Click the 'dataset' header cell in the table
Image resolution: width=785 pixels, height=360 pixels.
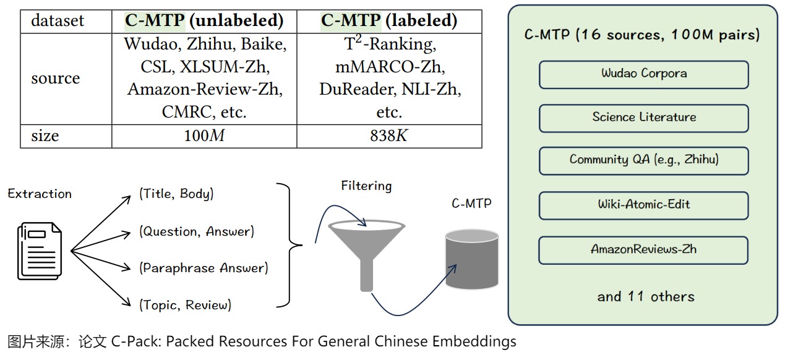58,21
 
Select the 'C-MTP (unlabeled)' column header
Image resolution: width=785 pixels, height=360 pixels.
204,21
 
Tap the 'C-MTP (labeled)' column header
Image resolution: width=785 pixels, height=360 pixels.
389,21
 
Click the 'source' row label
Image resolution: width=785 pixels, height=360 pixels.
56,79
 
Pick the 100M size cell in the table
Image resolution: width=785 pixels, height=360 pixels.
204,136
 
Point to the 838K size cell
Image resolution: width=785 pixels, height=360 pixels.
389,136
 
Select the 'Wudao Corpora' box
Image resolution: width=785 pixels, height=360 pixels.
644,74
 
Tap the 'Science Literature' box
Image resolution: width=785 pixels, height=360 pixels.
644,118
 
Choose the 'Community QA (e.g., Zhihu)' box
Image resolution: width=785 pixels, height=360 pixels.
644,160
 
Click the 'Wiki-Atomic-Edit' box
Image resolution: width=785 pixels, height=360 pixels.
644,205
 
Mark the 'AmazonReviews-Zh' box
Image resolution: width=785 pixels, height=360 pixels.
644,250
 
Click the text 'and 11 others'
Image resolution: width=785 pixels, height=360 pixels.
646,296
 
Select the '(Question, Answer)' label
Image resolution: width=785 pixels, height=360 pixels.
197,231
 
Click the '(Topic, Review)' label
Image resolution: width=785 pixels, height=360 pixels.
185,304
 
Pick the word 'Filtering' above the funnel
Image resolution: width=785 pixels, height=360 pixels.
366,186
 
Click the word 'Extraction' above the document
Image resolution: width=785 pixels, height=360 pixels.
40,194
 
